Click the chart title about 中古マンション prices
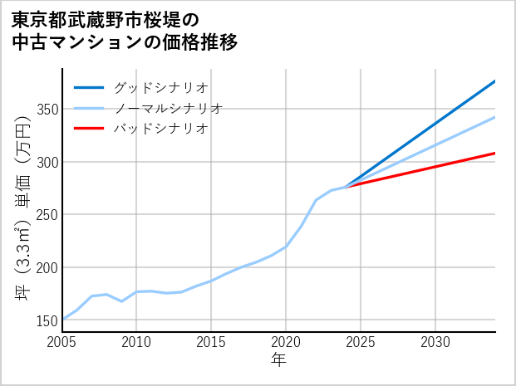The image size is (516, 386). [x=125, y=30]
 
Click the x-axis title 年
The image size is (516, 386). [x=278, y=360]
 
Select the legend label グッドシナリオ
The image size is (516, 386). [x=161, y=87]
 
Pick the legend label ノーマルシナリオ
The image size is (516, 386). [x=169, y=108]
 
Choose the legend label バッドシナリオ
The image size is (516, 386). [x=161, y=129]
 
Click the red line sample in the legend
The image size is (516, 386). [x=89, y=129]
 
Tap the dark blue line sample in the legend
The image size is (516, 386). [x=89, y=87]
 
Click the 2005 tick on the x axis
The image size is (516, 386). [x=62, y=341]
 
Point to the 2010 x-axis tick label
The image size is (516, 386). [x=137, y=341]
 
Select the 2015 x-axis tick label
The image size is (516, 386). [x=211, y=341]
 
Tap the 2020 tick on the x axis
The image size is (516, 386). [x=286, y=341]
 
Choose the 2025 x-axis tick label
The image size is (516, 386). [x=361, y=341]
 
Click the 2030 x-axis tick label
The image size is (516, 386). [x=435, y=341]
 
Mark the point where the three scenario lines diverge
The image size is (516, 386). [x=346, y=187]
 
